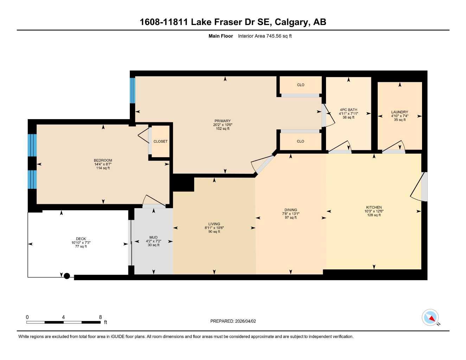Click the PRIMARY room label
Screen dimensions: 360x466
click(222, 121)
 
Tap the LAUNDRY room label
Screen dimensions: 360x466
click(400, 112)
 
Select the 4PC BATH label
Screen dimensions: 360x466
click(348, 110)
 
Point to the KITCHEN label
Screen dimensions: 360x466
click(374, 207)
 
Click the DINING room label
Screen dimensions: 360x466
click(291, 210)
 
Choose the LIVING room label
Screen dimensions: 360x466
click(214, 224)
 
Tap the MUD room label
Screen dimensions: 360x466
click(153, 237)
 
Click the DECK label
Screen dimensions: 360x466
click(81, 239)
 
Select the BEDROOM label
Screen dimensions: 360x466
click(103, 160)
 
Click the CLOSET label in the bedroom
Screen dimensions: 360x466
click(160, 141)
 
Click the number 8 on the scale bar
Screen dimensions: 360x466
click(100, 317)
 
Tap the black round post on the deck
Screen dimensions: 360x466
click(67, 276)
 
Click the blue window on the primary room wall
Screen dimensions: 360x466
click(133, 90)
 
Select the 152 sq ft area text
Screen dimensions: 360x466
click(222, 129)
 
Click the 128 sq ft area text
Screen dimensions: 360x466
click(374, 215)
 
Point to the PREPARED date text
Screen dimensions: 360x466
click(233, 321)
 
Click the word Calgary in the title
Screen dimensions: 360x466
click(291, 22)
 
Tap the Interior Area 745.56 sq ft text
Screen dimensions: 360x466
click(265, 36)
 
